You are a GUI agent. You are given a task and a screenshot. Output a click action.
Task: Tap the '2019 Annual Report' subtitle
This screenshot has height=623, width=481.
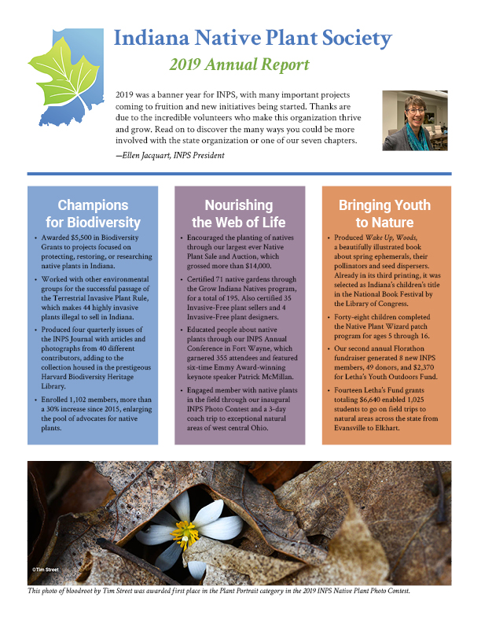(x=240, y=65)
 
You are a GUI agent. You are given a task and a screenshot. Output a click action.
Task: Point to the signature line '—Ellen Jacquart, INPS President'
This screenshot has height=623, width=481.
(x=169, y=156)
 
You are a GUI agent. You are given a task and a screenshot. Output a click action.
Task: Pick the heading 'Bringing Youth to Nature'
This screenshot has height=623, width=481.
(x=385, y=214)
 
